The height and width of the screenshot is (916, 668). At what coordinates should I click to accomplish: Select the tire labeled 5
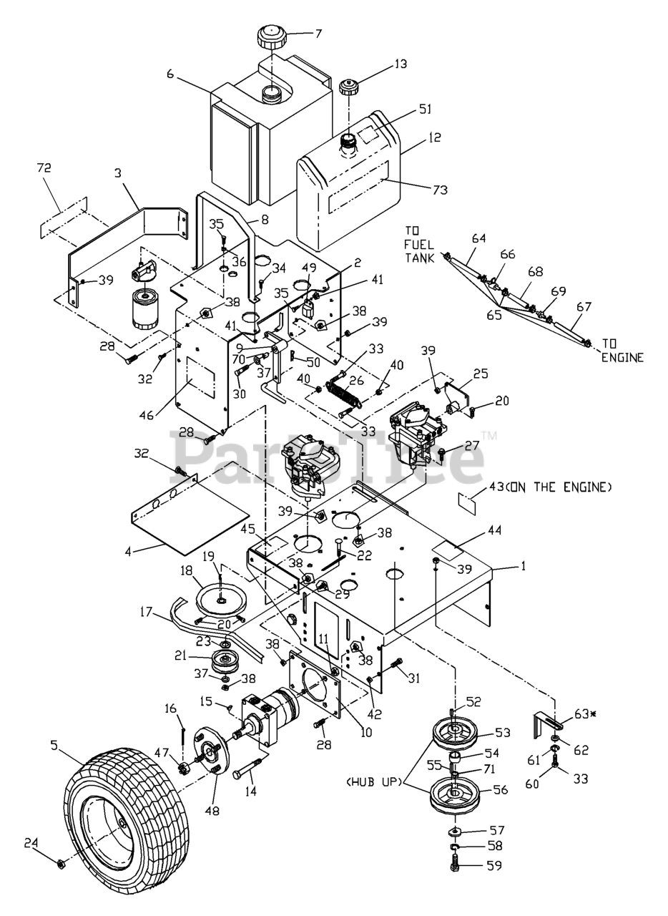coord(127,811)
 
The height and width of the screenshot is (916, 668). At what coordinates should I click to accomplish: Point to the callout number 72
coord(44,167)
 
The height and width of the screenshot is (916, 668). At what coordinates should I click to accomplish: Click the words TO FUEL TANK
coord(419,245)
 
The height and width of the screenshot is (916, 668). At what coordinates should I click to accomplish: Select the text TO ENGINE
coord(622,351)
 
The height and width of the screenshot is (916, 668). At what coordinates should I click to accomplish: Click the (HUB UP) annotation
coord(375,783)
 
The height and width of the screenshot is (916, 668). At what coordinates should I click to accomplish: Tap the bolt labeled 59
coord(455,865)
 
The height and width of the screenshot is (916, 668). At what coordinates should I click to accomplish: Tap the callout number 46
coord(147,416)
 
